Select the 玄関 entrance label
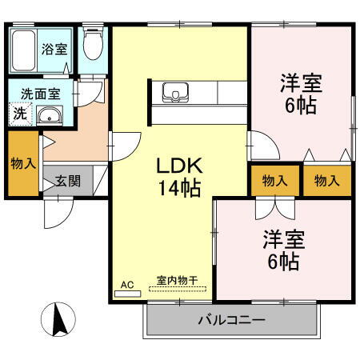[67, 181]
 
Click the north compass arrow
[58, 321]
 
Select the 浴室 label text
[54, 48]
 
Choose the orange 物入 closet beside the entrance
[23, 164]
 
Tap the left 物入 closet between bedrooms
[274, 181]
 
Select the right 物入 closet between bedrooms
[326, 181]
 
